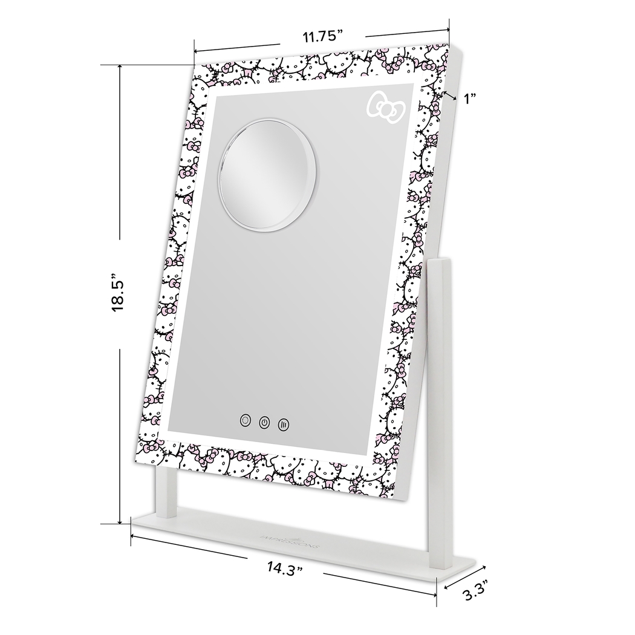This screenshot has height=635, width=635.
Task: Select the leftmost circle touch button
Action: pos(245,420)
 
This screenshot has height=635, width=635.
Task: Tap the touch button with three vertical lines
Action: pos(283,424)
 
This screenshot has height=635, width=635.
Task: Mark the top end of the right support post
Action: pos(438,261)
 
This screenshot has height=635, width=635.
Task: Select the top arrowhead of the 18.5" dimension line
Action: pos(120,65)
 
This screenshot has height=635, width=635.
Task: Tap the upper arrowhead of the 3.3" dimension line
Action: pos(485,566)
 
